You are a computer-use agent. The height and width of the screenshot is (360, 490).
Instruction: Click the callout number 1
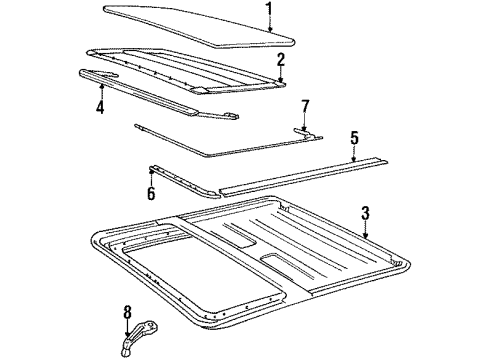point(268,11)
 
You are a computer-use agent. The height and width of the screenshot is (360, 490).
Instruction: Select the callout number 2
point(281,60)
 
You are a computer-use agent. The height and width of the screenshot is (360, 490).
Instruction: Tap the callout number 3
point(366,212)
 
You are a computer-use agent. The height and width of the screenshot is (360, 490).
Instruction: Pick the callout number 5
point(353,137)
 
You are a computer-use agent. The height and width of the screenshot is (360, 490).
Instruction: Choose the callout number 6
point(151,193)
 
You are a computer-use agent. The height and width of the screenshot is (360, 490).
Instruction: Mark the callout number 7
point(306,106)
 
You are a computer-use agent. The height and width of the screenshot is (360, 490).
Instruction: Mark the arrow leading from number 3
point(364,228)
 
